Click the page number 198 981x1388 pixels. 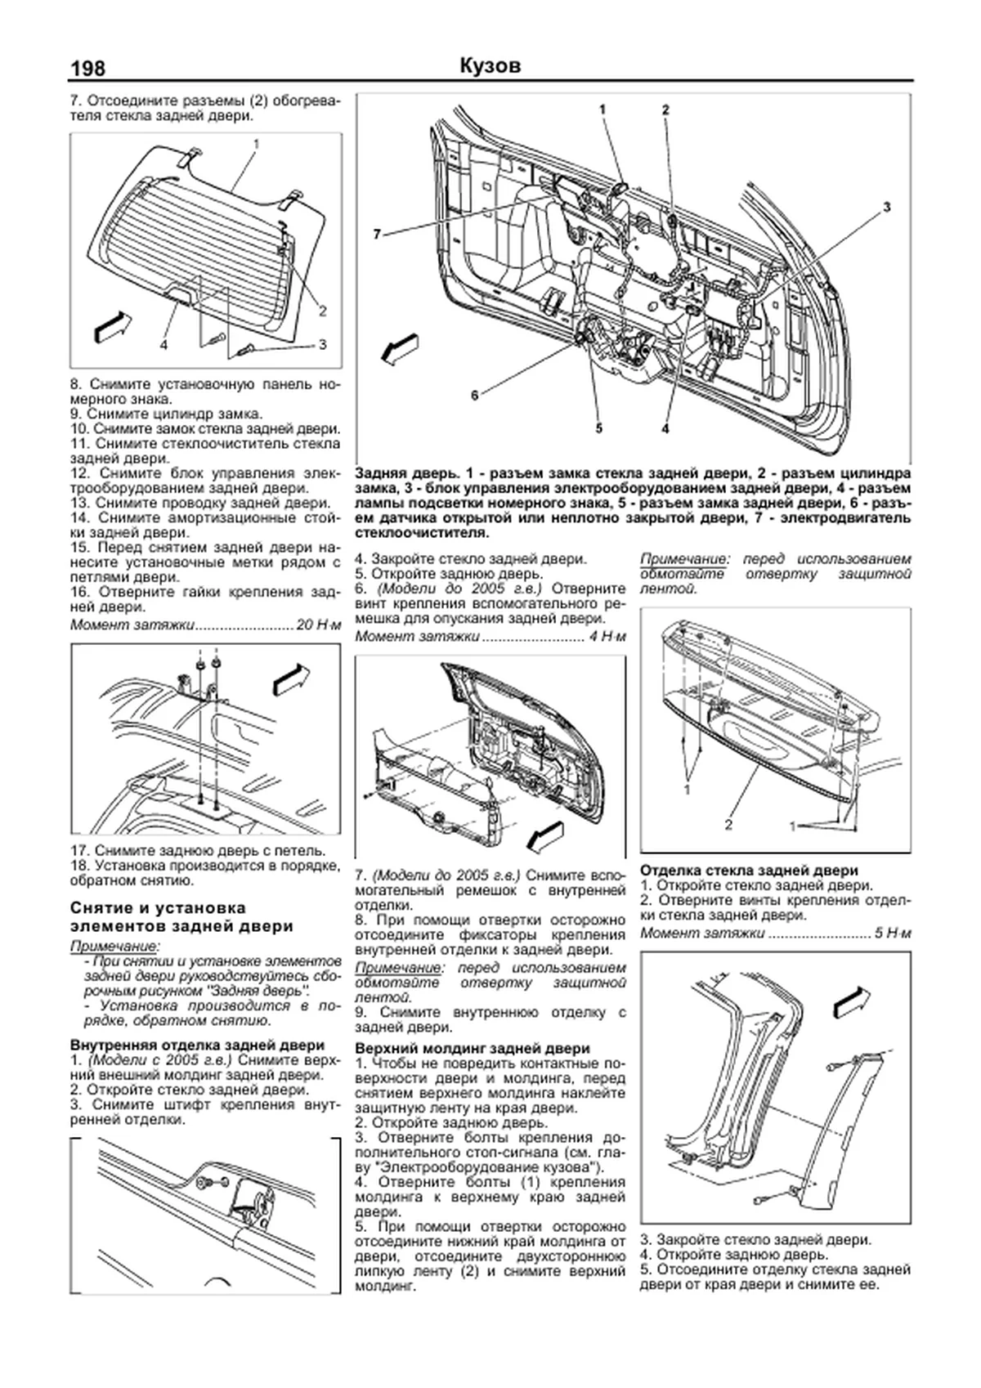[88, 68]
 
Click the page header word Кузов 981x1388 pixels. [490, 66]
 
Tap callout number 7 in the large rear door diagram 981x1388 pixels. [377, 234]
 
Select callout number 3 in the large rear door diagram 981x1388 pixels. [886, 208]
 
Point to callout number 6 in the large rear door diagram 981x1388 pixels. [474, 396]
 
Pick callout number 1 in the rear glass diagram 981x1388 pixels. [256, 144]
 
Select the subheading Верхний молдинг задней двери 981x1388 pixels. [473, 1048]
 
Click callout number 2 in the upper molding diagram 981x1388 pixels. [728, 825]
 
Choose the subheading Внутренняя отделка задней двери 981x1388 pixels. [197, 1045]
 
